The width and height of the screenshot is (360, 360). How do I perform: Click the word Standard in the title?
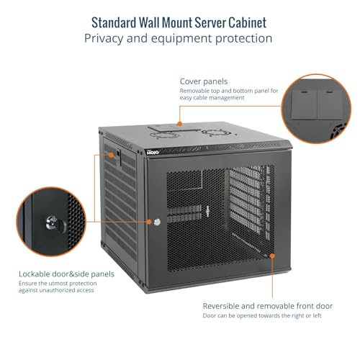pyautogui.click(x=114, y=23)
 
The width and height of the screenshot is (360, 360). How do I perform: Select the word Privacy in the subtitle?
pyautogui.click(x=104, y=39)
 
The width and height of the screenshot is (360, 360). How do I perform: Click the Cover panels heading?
pyautogui.click(x=204, y=81)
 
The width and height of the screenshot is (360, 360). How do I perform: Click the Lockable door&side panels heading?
pyautogui.click(x=66, y=274)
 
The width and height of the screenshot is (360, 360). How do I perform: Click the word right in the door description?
pyautogui.click(x=297, y=315)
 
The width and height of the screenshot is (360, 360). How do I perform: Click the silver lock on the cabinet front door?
pyautogui.click(x=157, y=222)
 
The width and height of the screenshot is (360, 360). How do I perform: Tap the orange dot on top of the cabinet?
pyautogui.click(x=180, y=124)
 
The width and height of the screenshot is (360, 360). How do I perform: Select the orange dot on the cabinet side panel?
pyautogui.click(x=111, y=155)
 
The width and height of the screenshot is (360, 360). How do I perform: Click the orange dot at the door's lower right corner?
pyautogui.click(x=272, y=256)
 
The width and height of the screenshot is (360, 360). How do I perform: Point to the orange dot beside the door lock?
pyautogui.click(x=149, y=222)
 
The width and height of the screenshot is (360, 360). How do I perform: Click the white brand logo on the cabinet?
pyautogui.click(x=153, y=152)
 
